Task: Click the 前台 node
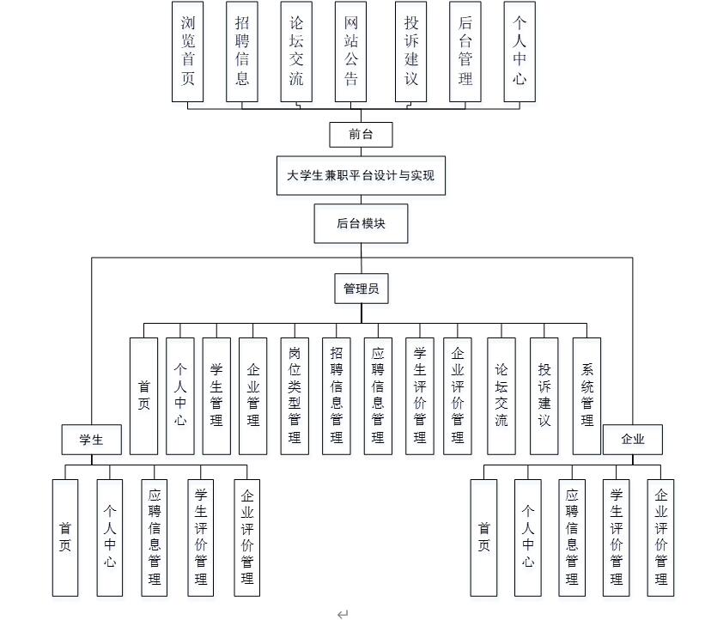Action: point(361,134)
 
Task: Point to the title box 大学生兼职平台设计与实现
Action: point(361,176)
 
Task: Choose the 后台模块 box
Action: point(361,223)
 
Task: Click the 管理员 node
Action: point(361,289)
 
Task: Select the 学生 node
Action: point(91,440)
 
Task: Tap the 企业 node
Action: point(633,440)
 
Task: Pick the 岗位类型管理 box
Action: point(295,395)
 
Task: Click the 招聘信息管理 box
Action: point(336,395)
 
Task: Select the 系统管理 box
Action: point(586,395)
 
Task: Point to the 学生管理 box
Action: point(216,395)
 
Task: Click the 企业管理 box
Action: point(253,395)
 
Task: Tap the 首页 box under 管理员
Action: point(143,395)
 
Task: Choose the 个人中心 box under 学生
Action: point(109,537)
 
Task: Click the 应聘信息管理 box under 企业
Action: point(572,537)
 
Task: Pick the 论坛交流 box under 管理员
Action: point(501,395)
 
